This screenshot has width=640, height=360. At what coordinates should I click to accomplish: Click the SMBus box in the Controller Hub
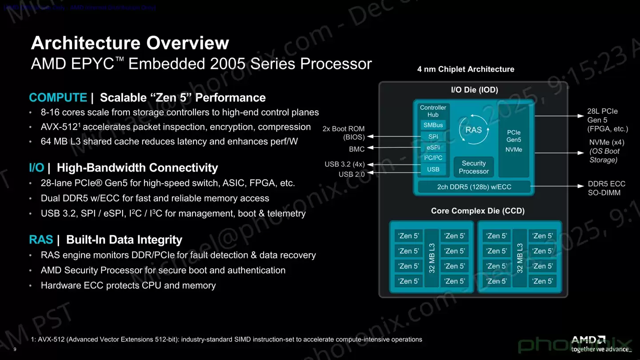pyautogui.click(x=433, y=125)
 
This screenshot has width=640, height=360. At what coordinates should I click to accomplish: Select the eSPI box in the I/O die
pyautogui.click(x=433, y=148)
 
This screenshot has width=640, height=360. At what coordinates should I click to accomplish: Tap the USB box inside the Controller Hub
pyautogui.click(x=433, y=169)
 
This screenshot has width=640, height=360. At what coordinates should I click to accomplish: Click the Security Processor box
pyautogui.click(x=474, y=167)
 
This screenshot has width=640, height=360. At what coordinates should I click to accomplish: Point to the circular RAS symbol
pyautogui.click(x=473, y=130)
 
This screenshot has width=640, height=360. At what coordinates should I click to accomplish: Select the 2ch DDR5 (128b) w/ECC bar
pyautogui.click(x=474, y=187)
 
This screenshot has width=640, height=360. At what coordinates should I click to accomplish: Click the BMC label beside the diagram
pyautogui.click(x=356, y=149)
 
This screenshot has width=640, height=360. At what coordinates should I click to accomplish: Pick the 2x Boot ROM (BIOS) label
pyautogui.click(x=344, y=133)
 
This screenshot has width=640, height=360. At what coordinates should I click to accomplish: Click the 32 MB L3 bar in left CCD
pyautogui.click(x=431, y=258)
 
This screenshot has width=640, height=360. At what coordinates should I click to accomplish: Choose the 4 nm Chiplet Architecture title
pyautogui.click(x=465, y=69)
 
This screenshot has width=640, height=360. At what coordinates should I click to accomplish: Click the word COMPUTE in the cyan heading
pyautogui.click(x=58, y=98)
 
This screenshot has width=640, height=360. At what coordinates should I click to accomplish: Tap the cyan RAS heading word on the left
pyautogui.click(x=41, y=240)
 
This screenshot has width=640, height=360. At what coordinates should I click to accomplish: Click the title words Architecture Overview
pyautogui.click(x=130, y=43)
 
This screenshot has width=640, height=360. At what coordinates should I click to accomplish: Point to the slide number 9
pyautogui.click(x=15, y=349)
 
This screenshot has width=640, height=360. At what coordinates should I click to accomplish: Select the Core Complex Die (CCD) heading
pyautogui.click(x=477, y=211)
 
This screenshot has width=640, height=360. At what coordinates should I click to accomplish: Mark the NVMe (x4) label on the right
pyautogui.click(x=607, y=143)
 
